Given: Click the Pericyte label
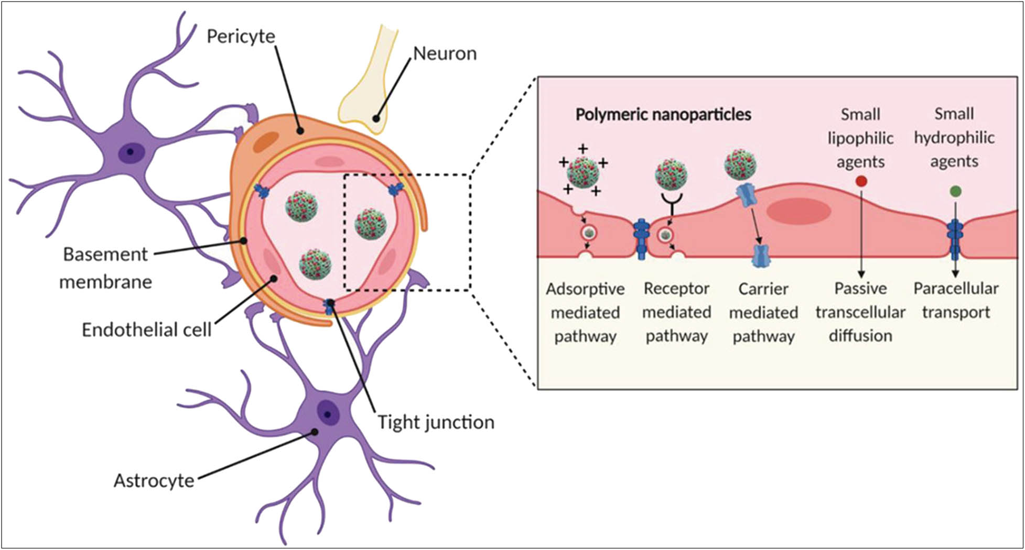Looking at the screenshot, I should pyautogui.click(x=241, y=36).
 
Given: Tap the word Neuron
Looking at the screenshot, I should pyautogui.click(x=445, y=53).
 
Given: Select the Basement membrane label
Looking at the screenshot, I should pyautogui.click(x=105, y=268).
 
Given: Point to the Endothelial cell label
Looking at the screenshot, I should pyautogui.click(x=146, y=329).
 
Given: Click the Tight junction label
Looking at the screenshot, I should pyautogui.click(x=436, y=422).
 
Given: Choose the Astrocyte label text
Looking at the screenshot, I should pyautogui.click(x=154, y=480).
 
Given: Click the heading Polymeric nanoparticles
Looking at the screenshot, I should pyautogui.click(x=663, y=114).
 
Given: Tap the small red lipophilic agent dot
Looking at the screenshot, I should pyautogui.click(x=860, y=182).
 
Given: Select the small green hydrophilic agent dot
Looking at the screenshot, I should pyautogui.click(x=955, y=191).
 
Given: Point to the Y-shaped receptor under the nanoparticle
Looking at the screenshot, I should pyautogui.click(x=671, y=201).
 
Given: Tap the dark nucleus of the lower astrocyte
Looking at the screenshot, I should pyautogui.click(x=327, y=414).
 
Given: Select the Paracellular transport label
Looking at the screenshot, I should pyautogui.click(x=956, y=300).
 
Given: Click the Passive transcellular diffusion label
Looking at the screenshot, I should pyautogui.click(x=860, y=312).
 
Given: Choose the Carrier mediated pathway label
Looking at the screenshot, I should pyautogui.click(x=763, y=312).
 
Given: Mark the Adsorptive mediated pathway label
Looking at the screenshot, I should pyautogui.click(x=585, y=312).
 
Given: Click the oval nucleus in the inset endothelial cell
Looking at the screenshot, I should pyautogui.click(x=798, y=211).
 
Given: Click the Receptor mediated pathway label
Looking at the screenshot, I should pyautogui.click(x=676, y=312).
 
